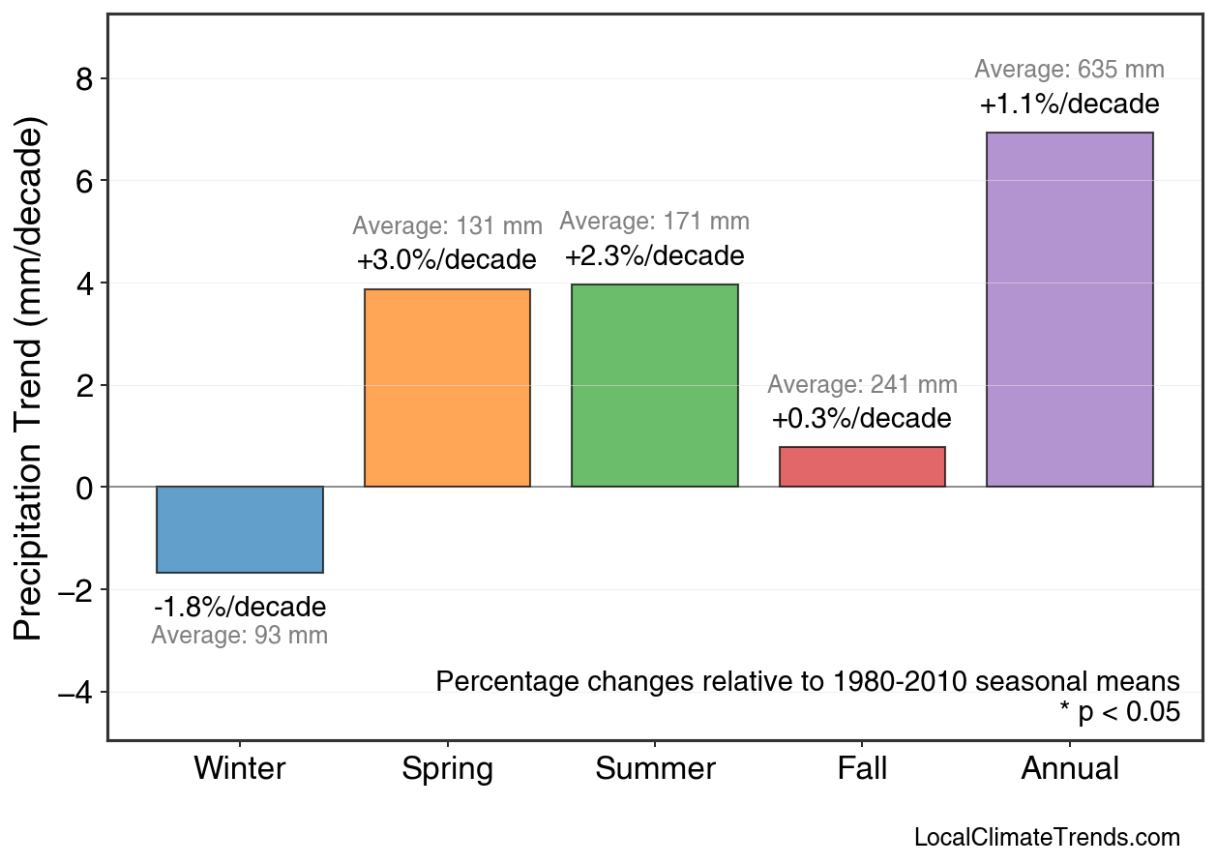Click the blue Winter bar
point(240,529)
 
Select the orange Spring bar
point(447,388)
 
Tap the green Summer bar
point(655,385)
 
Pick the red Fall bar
point(862,466)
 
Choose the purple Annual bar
point(1069,310)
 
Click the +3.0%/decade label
point(446,260)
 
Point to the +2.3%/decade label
point(655,256)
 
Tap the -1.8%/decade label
point(240,608)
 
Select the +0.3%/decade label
point(862,419)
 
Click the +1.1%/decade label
point(1069,104)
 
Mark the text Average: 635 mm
point(1069,70)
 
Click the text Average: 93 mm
point(240,636)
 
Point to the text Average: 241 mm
point(862,385)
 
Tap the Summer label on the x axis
point(655,769)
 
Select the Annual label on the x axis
point(1070,769)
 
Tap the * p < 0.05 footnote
point(1119,712)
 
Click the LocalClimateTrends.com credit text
point(1047,838)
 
